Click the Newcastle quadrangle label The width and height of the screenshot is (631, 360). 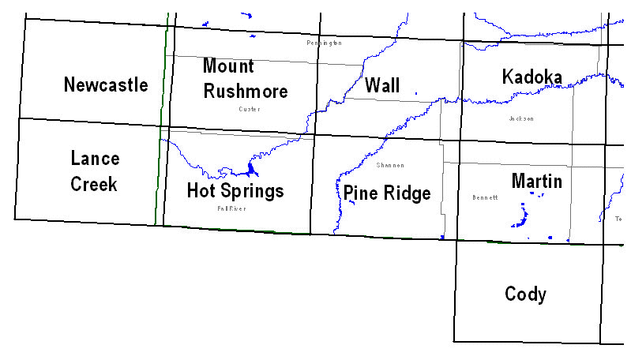[x=106, y=84]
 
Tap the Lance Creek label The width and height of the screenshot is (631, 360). [x=94, y=171]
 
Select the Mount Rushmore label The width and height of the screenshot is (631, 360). [x=245, y=78]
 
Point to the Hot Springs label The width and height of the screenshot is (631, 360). [x=235, y=190]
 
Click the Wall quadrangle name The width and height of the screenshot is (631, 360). [x=382, y=85]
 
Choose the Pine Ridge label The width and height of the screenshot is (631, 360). [x=386, y=193]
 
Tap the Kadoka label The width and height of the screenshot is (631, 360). [x=531, y=77]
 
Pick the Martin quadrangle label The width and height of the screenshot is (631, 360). [x=536, y=181]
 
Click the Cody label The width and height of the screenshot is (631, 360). [x=525, y=294]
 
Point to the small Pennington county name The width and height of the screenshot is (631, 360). [x=324, y=43]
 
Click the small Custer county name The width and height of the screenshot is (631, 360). [x=249, y=109]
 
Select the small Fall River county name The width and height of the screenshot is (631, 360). [x=232, y=208]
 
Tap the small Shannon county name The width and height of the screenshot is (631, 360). [x=390, y=165]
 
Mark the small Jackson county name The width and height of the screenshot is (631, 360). [x=521, y=118]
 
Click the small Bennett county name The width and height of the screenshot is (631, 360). [x=484, y=197]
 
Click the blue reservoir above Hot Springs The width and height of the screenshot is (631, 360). [x=251, y=170]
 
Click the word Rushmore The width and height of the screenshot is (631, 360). [x=245, y=91]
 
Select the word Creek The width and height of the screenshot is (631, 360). [x=94, y=184]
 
